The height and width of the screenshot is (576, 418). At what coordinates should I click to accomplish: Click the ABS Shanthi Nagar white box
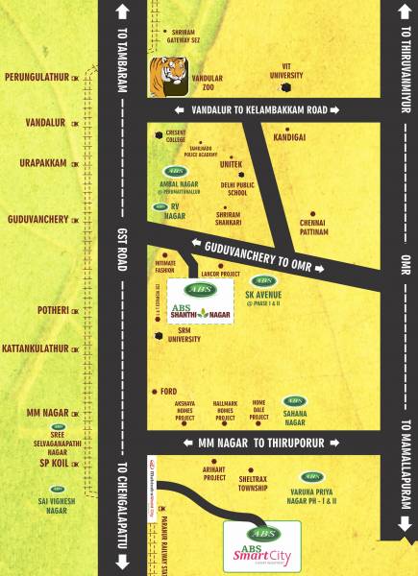tap(201, 300)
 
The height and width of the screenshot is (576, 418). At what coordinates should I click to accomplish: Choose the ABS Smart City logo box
tap(261, 546)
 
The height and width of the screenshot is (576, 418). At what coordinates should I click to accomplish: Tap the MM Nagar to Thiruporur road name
tap(261, 443)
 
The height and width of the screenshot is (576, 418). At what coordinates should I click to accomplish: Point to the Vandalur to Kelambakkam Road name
tap(260, 110)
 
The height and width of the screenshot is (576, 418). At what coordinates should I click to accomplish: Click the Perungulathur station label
tap(38, 76)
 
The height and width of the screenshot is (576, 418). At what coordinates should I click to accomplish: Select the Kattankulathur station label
tap(37, 348)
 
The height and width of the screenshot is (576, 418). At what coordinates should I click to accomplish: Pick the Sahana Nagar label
tap(295, 417)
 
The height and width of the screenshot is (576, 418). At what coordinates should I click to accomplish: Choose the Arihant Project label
tap(214, 472)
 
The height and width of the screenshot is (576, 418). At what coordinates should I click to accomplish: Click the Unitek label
tap(231, 164)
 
